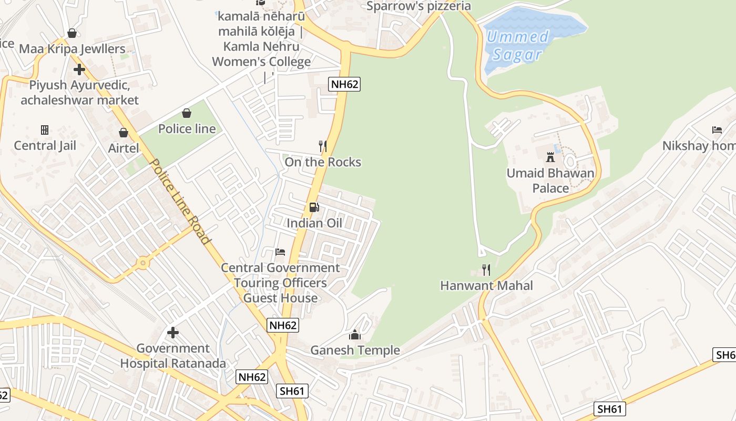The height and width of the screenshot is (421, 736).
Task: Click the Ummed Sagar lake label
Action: pos(517,46)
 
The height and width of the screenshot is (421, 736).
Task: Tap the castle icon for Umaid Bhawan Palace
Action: pos(550,157)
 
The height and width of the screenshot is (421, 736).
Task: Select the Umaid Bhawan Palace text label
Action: pos(550,181)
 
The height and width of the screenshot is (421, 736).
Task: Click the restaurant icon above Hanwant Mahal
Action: pos(486,270)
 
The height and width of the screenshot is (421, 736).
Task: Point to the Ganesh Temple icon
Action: pos(355,335)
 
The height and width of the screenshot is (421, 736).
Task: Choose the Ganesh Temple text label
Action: pos(355,350)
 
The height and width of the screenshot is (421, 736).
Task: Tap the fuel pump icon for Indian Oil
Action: pos(314,207)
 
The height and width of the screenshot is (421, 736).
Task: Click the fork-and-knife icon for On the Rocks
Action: pos(323,146)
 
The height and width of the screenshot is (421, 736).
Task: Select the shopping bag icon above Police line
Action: pos(187,113)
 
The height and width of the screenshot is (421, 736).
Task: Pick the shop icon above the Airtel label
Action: pos(124,133)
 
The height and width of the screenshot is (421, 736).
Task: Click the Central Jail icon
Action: pos(45,129)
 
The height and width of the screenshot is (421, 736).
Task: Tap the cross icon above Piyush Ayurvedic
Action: pos(79,69)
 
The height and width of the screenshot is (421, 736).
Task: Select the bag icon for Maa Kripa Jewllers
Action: pos(72,33)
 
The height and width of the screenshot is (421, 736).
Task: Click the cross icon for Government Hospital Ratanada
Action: pos(172,333)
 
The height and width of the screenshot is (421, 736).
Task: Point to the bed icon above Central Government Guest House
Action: pos(280,252)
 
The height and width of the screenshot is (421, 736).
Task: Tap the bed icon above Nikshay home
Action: pos(717,130)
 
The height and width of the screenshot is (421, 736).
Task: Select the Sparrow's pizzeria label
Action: pos(418,6)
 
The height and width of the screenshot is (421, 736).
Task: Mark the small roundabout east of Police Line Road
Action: pos(142,263)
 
